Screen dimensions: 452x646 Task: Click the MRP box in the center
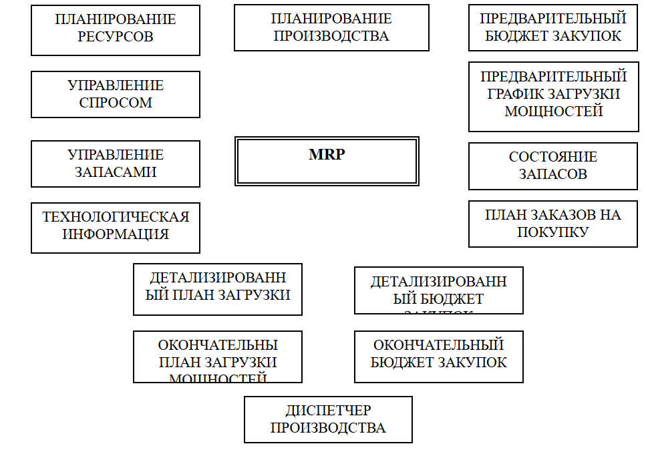[x=327, y=161]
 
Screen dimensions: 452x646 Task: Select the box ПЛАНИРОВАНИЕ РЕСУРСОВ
[x=116, y=30]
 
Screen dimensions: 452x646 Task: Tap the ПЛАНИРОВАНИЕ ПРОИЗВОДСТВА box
[x=331, y=28]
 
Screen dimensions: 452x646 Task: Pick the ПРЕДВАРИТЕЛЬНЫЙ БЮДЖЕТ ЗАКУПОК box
[x=553, y=28]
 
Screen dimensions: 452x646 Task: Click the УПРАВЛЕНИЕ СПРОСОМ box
[x=116, y=94]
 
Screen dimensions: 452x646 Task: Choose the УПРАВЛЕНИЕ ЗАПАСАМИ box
[x=116, y=164]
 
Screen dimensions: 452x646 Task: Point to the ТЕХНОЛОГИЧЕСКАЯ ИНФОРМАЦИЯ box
[x=116, y=228]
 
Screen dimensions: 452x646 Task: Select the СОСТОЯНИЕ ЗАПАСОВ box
[x=553, y=166]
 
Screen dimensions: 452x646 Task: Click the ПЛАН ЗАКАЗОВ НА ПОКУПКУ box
[x=553, y=224]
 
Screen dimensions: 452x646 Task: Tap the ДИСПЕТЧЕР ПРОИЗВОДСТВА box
[x=328, y=419]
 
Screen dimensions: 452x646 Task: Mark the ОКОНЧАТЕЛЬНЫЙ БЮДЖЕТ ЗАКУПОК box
[x=438, y=357]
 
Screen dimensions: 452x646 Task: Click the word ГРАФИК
[x=514, y=94]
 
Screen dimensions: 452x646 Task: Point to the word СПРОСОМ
[x=116, y=103]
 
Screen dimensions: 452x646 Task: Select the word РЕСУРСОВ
[x=116, y=37]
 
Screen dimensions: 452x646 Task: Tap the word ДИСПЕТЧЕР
[x=328, y=411]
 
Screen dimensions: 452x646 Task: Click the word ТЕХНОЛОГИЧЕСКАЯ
[x=116, y=218]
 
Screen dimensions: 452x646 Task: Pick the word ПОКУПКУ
[x=553, y=232]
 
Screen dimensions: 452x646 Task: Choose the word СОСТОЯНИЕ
[x=553, y=158]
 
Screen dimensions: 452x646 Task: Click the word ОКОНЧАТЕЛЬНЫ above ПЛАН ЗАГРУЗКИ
[x=218, y=346]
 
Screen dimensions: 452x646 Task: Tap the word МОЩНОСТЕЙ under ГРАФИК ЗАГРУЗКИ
[x=553, y=111]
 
